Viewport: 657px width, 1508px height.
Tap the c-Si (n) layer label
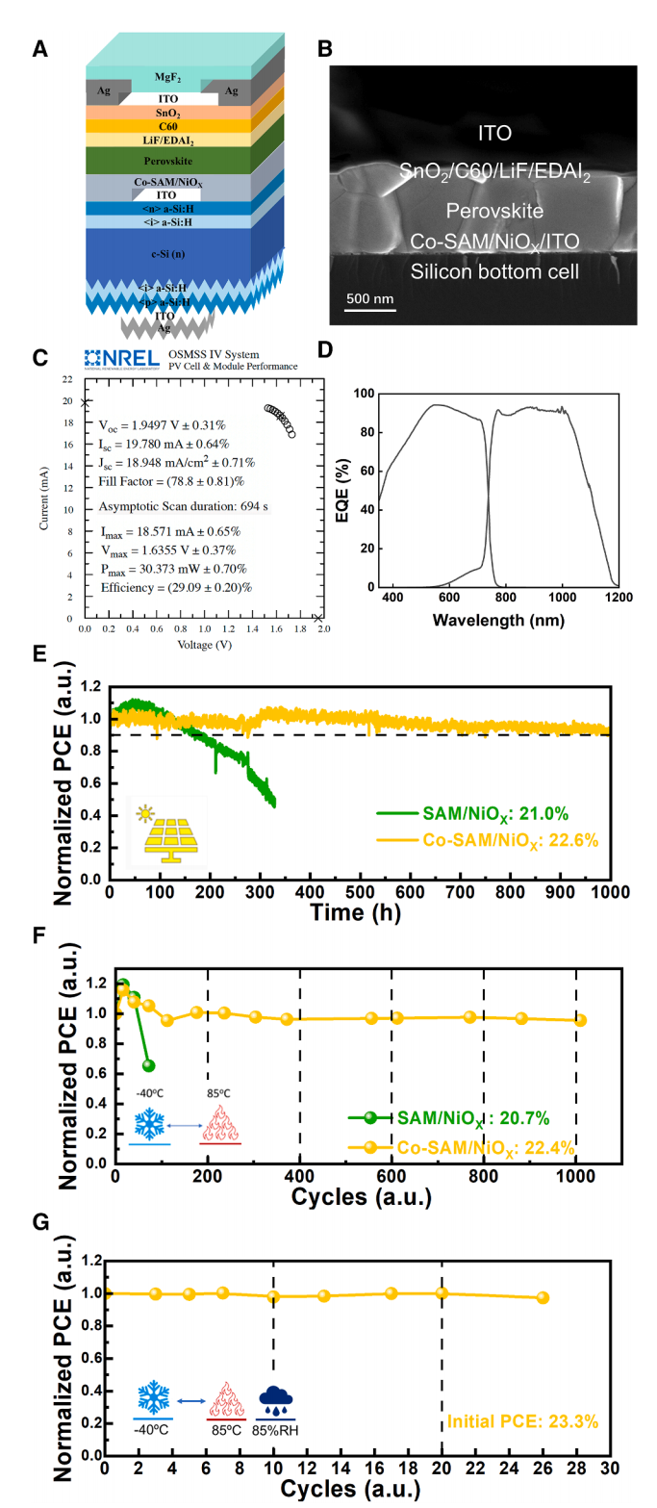[x=168, y=254]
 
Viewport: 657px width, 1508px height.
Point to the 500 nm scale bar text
[x=370, y=299]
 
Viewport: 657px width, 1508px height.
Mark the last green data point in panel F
[x=148, y=1065]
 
